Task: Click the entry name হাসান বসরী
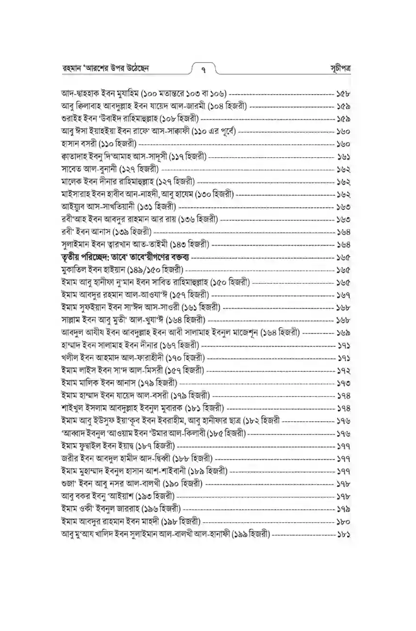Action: tap(79, 144)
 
